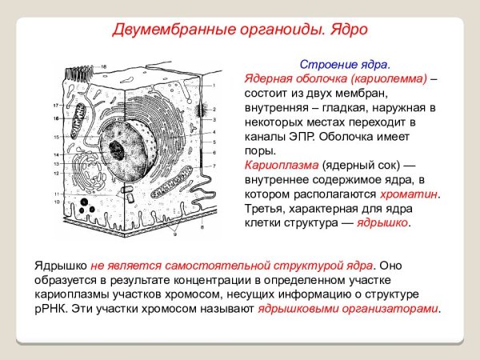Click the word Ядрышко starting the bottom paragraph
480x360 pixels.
[x=61, y=264]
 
